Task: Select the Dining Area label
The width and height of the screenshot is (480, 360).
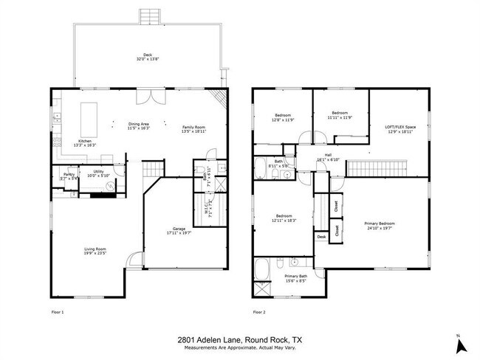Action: tap(138, 124)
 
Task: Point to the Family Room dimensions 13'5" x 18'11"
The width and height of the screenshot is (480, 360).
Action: tap(193, 133)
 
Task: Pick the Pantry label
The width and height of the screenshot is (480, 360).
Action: tap(68, 175)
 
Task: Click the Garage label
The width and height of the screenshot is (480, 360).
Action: tap(179, 229)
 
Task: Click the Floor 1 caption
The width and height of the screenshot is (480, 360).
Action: tap(57, 312)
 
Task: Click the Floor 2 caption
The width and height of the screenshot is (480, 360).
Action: tap(258, 312)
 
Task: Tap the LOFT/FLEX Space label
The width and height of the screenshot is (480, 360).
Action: tap(400, 127)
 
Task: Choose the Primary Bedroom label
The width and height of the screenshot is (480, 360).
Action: tap(379, 223)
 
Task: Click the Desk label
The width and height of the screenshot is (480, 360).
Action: tap(321, 237)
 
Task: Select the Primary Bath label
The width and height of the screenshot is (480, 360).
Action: tap(296, 276)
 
